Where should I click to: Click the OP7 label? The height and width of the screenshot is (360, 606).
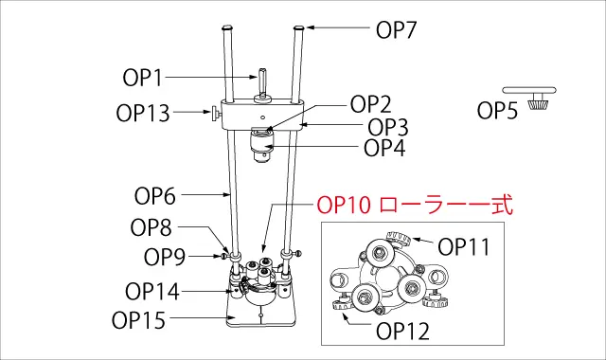(396, 29)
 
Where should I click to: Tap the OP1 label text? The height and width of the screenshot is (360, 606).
(143, 78)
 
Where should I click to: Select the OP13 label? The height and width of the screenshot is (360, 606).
(143, 114)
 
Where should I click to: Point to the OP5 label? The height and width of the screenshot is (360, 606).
(497, 110)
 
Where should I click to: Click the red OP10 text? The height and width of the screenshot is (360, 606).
(344, 205)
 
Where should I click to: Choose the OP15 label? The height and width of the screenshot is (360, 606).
(138, 320)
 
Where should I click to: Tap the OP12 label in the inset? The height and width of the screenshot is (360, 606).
(402, 332)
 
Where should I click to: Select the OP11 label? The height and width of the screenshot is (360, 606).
(464, 246)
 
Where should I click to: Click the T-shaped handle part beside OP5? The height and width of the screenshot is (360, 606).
(530, 98)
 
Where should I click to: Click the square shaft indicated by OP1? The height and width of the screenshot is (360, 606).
(262, 82)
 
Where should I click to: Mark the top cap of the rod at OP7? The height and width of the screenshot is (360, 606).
(299, 27)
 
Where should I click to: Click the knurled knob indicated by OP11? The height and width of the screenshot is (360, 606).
(398, 239)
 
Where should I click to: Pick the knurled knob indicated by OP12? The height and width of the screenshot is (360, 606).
(343, 308)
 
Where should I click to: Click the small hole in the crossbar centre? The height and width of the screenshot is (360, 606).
(262, 117)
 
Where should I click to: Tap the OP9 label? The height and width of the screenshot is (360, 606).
(165, 257)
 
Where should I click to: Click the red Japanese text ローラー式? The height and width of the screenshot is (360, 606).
(446, 205)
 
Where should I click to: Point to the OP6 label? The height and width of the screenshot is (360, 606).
(155, 196)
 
